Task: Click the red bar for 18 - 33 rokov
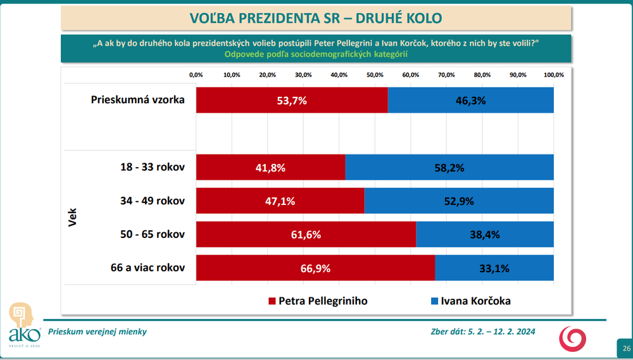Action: click(x=271, y=168)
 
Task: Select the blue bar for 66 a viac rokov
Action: click(x=494, y=268)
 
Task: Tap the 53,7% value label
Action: click(x=292, y=100)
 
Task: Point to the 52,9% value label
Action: click(x=459, y=201)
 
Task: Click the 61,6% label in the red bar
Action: click(x=306, y=235)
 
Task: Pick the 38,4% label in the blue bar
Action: click(x=485, y=235)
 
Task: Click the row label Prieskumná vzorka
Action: click(x=138, y=99)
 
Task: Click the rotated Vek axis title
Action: click(x=72, y=218)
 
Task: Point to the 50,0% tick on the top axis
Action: click(x=375, y=75)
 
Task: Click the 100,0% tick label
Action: click(x=553, y=75)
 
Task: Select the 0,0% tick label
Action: click(x=196, y=75)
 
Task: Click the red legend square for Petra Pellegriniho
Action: click(x=273, y=301)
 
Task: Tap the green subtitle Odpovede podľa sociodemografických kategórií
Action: click(x=315, y=54)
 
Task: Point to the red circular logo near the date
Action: click(x=572, y=338)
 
